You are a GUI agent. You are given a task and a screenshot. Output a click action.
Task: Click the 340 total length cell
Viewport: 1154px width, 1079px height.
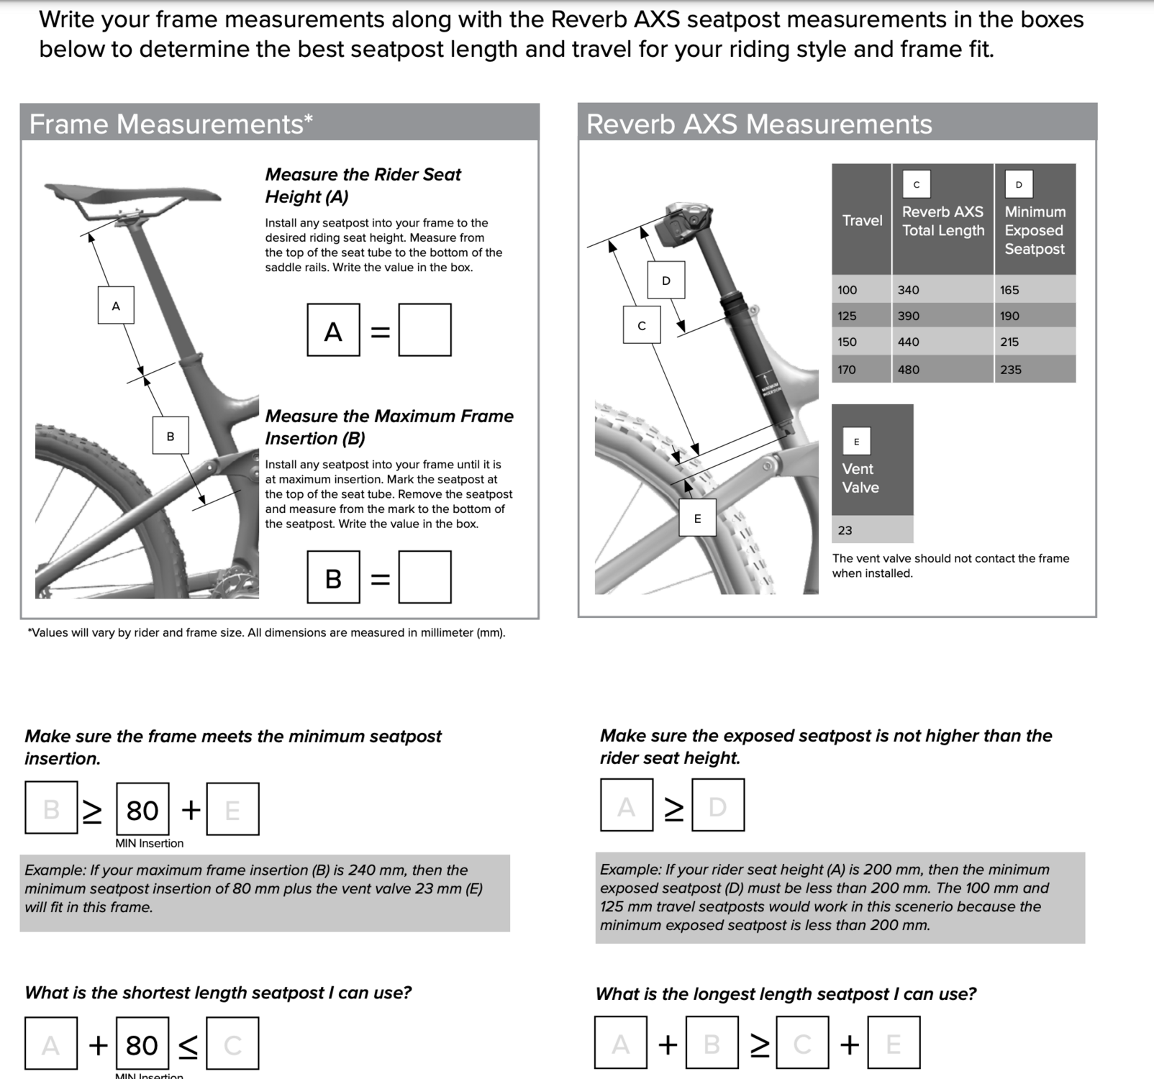(x=908, y=290)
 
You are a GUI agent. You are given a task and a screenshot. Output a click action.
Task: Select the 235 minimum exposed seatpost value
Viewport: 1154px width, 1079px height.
(x=1010, y=370)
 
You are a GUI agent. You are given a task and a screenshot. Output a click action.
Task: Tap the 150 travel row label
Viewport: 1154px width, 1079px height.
(x=848, y=342)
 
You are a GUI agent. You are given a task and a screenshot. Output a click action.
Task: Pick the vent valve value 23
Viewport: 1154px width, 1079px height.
(x=845, y=531)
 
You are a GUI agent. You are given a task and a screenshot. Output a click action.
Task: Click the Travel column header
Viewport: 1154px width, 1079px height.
(x=862, y=221)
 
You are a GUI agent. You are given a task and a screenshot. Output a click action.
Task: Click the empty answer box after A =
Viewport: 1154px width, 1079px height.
(x=424, y=330)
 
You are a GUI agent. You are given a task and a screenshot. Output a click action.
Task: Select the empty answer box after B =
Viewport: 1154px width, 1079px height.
(x=424, y=577)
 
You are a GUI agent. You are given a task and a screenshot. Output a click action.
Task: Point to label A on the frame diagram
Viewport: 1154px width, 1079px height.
(x=116, y=306)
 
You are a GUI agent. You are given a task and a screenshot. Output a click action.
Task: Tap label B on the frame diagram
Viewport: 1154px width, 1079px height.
(x=171, y=436)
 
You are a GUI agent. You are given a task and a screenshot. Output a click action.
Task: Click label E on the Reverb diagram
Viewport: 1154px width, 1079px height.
(x=697, y=518)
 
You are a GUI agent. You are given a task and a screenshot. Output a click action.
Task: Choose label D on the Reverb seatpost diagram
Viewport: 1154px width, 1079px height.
(x=665, y=280)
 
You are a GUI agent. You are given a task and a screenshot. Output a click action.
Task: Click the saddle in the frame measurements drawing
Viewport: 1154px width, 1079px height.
(x=133, y=193)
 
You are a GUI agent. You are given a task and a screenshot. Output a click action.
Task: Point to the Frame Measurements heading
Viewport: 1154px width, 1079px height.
(x=171, y=124)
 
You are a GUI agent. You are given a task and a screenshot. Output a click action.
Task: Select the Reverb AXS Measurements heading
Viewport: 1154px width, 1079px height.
(x=759, y=124)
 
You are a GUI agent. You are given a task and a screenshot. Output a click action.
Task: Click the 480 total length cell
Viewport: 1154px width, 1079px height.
(x=908, y=370)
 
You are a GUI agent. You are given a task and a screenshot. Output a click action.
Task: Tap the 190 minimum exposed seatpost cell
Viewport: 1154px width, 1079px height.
(x=1009, y=316)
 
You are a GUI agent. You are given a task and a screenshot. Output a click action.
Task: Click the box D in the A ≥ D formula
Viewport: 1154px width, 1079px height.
(x=718, y=806)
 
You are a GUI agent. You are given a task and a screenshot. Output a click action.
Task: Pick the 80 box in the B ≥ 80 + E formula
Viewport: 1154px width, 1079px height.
(x=142, y=810)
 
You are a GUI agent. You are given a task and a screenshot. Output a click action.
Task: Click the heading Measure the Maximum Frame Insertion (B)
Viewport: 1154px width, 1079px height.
(x=389, y=427)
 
